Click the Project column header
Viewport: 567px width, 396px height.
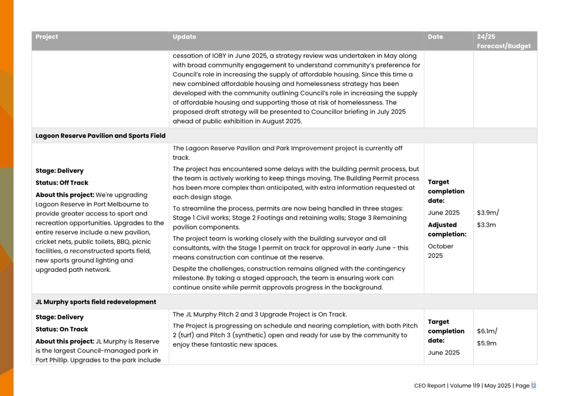pos(47,37)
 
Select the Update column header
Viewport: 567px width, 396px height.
pos(184,37)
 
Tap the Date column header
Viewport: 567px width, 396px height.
pos(435,37)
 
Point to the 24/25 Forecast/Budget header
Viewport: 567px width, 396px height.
pos(503,41)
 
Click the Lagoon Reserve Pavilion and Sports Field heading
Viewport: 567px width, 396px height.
pos(100,136)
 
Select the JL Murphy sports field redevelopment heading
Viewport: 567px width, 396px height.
pos(96,302)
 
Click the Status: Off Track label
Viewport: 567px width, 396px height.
pos(62,183)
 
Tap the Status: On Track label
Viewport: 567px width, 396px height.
pos(62,329)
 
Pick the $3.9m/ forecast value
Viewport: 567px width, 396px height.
pos(488,213)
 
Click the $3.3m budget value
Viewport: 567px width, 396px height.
pos(487,225)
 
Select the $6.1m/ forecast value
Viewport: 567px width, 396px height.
pos(487,331)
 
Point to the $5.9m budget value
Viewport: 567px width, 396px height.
pos(487,343)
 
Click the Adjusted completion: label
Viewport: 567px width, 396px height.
pos(447,229)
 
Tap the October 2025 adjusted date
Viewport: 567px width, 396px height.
pos(441,251)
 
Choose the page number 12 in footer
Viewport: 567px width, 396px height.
pos(533,385)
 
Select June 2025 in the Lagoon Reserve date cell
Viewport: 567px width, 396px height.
pos(444,213)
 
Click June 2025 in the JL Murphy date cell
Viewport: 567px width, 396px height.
pos(444,353)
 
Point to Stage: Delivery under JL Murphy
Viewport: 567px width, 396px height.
pos(59,317)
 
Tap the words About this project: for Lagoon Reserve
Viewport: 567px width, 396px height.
pos(65,195)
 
